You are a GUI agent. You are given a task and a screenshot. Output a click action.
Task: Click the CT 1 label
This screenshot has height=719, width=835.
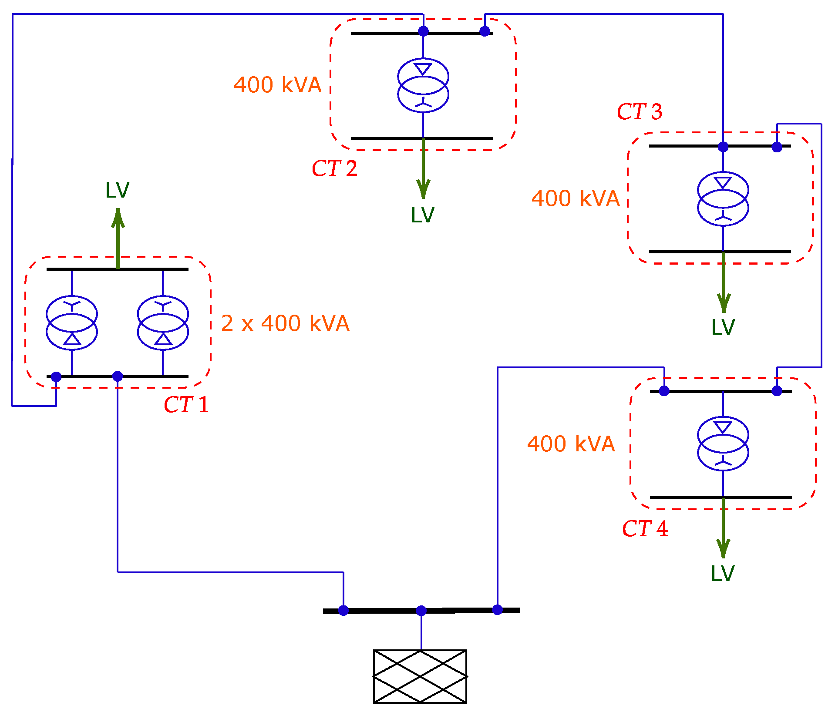[186, 405]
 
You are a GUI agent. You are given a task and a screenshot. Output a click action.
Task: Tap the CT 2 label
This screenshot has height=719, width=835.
[334, 168]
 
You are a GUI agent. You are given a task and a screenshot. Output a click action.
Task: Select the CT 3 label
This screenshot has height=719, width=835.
[639, 112]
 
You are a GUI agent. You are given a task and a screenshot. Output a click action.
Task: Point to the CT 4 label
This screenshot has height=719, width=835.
[644, 529]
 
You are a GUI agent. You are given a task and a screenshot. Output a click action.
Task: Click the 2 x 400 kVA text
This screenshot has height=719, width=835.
[285, 323]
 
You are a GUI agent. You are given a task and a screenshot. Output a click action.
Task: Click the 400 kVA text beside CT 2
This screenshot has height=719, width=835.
[277, 85]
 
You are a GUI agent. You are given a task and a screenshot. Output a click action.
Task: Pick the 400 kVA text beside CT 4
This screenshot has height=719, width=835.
[571, 444]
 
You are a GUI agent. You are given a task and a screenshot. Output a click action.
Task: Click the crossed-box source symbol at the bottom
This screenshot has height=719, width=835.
[420, 676]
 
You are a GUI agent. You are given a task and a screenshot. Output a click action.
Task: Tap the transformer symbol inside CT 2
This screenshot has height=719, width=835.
[423, 85]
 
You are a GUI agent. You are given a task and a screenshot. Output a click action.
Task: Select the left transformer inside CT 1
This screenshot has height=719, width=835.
[72, 323]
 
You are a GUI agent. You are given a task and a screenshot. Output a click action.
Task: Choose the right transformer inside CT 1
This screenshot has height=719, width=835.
[163, 323]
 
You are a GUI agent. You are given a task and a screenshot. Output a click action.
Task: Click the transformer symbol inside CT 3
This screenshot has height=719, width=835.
[723, 199]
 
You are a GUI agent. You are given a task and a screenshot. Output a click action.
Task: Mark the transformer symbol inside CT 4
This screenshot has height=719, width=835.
[723, 444]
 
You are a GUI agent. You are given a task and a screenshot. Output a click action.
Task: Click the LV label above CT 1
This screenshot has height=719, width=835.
[117, 190]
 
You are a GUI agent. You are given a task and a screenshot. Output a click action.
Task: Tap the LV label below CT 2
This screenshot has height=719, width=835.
[422, 215]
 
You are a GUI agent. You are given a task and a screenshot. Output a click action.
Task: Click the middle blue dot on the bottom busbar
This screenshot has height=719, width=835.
[421, 611]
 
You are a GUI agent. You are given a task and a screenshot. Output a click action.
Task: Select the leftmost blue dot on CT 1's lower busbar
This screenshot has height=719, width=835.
[56, 377]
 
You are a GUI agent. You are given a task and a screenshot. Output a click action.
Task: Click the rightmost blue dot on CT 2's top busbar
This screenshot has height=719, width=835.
[485, 31]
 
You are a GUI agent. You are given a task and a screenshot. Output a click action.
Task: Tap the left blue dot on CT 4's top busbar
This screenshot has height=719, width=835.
[664, 391]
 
